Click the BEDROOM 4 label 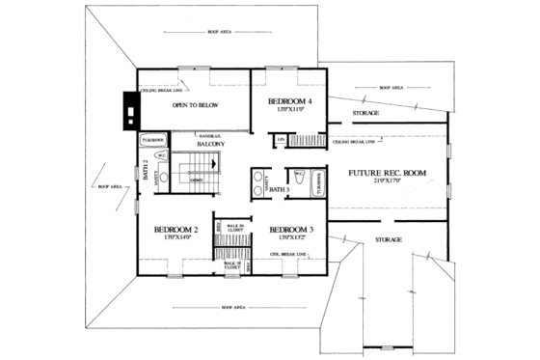pyautogui.click(x=287, y=101)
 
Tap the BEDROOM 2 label pyautogui.click(x=175, y=229)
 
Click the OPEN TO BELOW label pyautogui.click(x=192, y=107)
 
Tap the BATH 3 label pyautogui.click(x=280, y=190)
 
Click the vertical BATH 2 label pyautogui.click(x=147, y=170)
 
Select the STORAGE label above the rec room pyautogui.click(x=365, y=113)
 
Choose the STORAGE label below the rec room pyautogui.click(x=388, y=238)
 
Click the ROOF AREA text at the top pyautogui.click(x=219, y=32)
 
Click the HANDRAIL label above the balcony pyautogui.click(x=209, y=136)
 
